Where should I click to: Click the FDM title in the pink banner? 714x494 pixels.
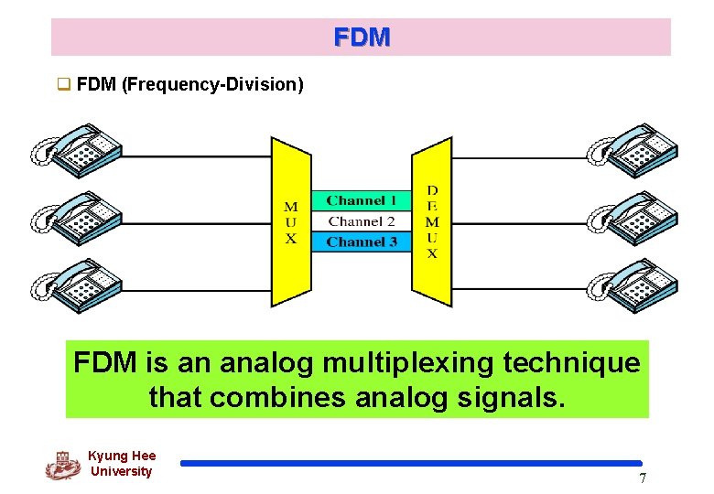pyautogui.click(x=362, y=38)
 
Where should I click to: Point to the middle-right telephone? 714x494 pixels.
pyautogui.click(x=633, y=216)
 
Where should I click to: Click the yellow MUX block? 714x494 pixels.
pyautogui.click(x=291, y=222)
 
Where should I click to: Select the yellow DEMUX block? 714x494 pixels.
pyautogui.click(x=432, y=222)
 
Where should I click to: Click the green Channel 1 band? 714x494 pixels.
pyautogui.click(x=362, y=200)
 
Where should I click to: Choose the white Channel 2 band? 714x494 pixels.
pyautogui.click(x=362, y=221)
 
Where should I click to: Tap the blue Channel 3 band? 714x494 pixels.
pyautogui.click(x=362, y=242)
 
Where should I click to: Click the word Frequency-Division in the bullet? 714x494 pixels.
pyautogui.click(x=211, y=85)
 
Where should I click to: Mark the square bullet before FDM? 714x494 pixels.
pyautogui.click(x=64, y=85)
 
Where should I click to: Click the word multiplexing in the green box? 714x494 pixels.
pyautogui.click(x=406, y=363)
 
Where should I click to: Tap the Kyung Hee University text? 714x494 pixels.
pyautogui.click(x=122, y=464)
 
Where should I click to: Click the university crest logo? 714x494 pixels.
pyautogui.click(x=62, y=465)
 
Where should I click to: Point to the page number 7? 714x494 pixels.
pyautogui.click(x=643, y=478)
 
